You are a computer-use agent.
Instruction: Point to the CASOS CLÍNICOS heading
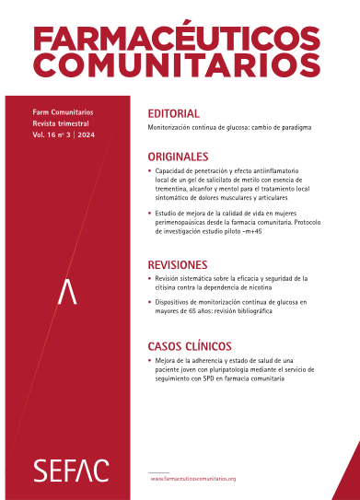click(x=191, y=347)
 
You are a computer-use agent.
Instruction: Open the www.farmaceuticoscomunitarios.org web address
click(x=193, y=479)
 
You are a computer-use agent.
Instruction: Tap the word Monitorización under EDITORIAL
click(x=173, y=130)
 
